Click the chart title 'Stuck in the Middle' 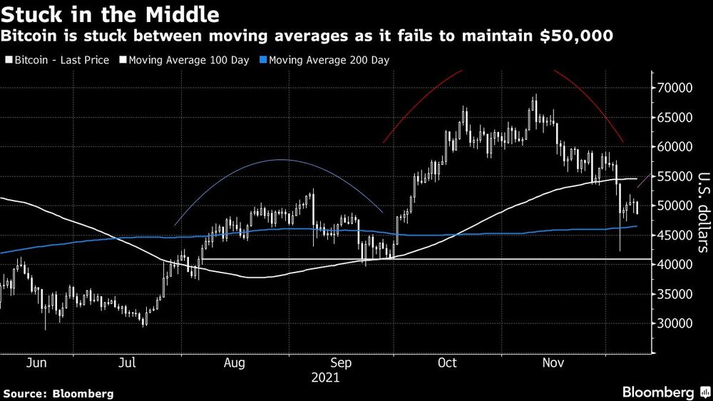tap(110, 14)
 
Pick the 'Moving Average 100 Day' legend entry tap(187, 61)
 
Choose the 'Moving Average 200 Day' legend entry tap(329, 61)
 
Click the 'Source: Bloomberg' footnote tap(58, 393)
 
